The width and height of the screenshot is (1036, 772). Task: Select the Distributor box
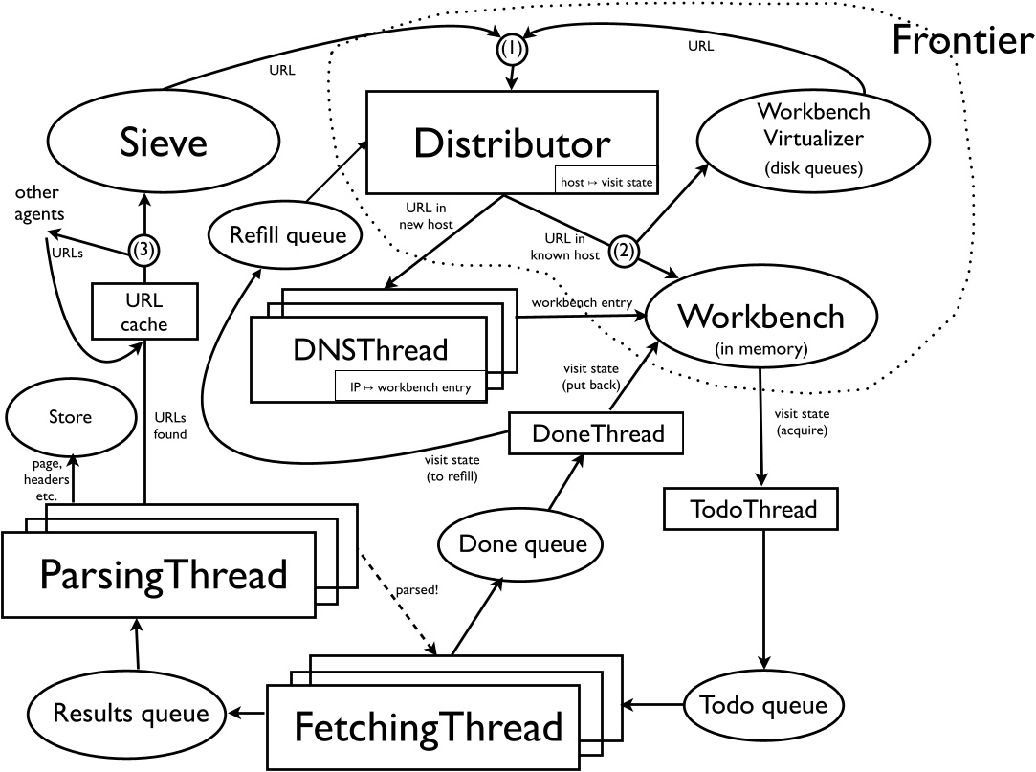click(512, 143)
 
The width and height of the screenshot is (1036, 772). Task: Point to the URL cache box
click(143, 312)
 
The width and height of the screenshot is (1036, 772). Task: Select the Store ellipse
click(71, 417)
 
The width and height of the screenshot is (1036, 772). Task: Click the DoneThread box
click(598, 433)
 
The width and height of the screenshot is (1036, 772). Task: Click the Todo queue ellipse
click(763, 706)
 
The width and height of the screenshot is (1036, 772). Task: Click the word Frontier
click(961, 40)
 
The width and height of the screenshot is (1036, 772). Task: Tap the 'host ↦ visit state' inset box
click(605, 179)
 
